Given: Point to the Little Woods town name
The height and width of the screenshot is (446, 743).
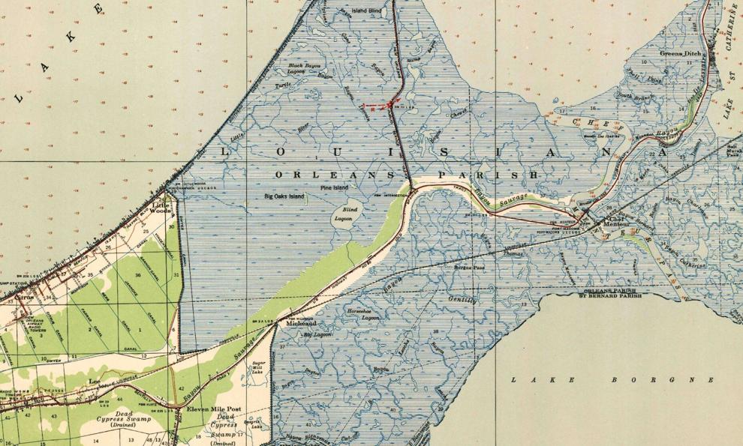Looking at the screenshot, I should coord(162,208).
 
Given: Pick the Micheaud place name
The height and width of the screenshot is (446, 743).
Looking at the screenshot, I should coord(298,325).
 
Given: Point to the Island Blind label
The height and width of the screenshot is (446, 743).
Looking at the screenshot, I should coord(367,10).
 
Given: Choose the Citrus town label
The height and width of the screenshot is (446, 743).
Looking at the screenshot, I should coord(25,296).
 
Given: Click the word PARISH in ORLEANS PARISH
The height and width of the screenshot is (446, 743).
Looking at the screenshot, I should coord(498,174).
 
